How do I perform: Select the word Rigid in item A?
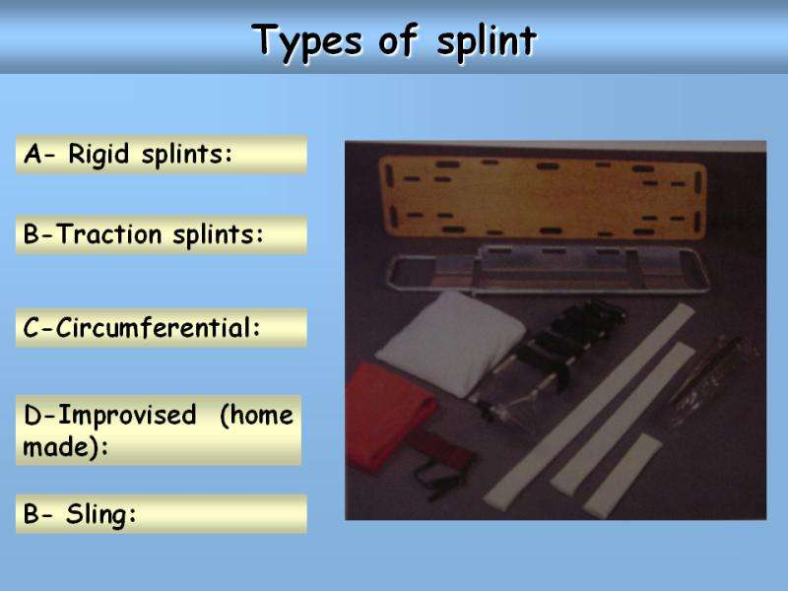[x=98, y=155]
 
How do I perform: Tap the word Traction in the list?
[x=108, y=234]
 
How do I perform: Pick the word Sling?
[x=101, y=514]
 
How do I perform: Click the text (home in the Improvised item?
[x=256, y=416]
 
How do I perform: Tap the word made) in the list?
[x=65, y=447]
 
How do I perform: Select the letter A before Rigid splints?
[x=33, y=154]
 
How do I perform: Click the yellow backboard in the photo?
[x=543, y=197]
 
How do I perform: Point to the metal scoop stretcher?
[x=548, y=270]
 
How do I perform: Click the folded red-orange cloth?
[x=389, y=417]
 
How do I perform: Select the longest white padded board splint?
[x=588, y=407]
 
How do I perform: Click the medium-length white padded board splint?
[x=624, y=417]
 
